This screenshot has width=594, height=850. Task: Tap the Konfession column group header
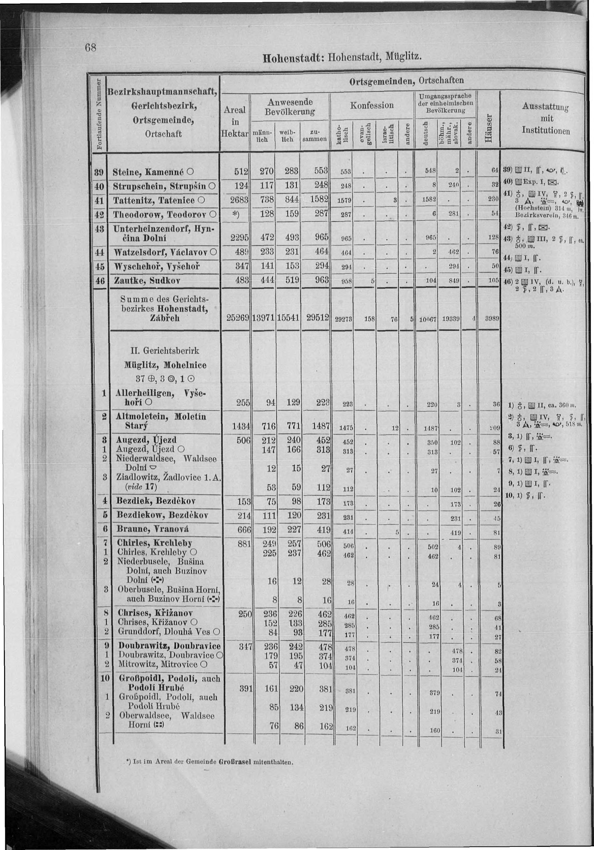click(x=372, y=106)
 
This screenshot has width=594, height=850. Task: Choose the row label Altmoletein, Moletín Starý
click(x=161, y=421)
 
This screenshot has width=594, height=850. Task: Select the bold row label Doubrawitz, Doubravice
click(x=169, y=646)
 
